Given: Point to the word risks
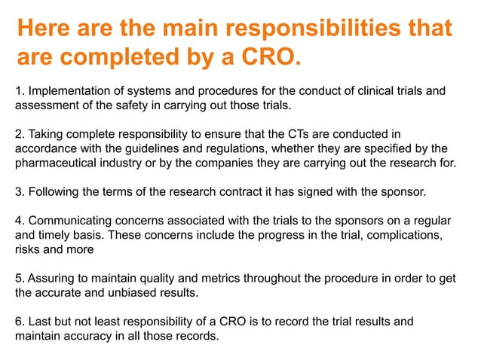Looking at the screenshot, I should tap(30, 249).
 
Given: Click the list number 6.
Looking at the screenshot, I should tap(20, 322).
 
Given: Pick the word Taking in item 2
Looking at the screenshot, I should tap(47, 135).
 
